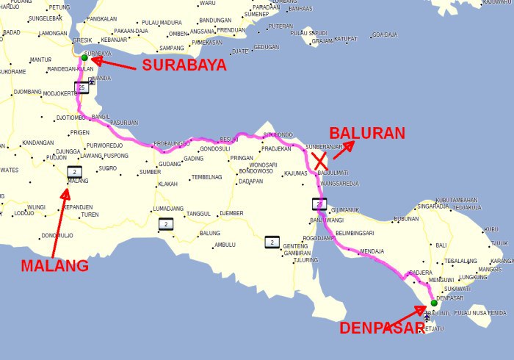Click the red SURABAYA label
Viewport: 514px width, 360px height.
click(184, 65)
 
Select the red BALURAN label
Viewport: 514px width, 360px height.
click(367, 133)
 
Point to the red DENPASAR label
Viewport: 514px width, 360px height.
click(381, 328)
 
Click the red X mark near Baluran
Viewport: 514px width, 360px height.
click(321, 161)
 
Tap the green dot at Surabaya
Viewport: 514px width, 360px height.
click(84, 57)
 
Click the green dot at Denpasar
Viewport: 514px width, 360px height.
click(434, 303)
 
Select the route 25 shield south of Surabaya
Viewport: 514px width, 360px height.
click(82, 87)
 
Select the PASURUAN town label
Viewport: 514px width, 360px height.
click(123, 123)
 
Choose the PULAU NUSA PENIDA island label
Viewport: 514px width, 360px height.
click(479, 314)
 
